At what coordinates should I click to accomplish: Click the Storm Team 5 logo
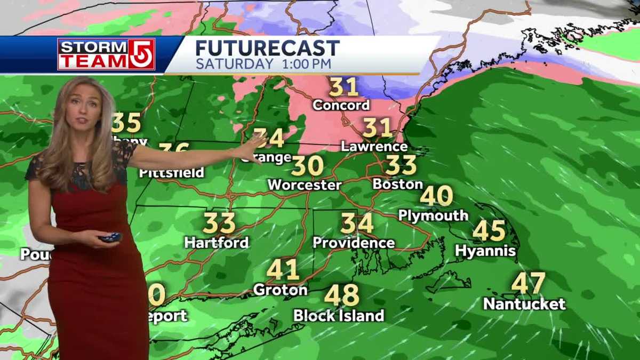coord(106,54)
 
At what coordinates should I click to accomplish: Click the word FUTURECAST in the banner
coord(267,48)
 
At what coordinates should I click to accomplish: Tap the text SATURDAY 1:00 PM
coord(263,64)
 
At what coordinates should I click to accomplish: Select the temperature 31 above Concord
coord(343,87)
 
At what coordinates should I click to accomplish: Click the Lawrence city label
coord(374,146)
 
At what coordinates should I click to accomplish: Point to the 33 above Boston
coord(401,165)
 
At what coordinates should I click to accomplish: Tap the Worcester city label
coord(304,185)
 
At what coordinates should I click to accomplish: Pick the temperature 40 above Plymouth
coord(436,196)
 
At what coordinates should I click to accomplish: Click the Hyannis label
coord(485,251)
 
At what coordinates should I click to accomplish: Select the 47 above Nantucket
coord(528,283)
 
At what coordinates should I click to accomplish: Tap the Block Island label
coord(339,316)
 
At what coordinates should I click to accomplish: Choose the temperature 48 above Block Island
coord(341,295)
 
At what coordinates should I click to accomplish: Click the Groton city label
coord(280,290)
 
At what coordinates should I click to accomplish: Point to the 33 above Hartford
coord(219,223)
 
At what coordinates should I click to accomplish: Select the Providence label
coord(354,243)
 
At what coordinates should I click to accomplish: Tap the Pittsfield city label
coord(171,173)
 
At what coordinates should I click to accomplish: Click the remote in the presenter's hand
coord(110,237)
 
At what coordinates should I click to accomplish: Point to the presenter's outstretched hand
coord(253,147)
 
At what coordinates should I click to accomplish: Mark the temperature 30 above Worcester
coord(307,166)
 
